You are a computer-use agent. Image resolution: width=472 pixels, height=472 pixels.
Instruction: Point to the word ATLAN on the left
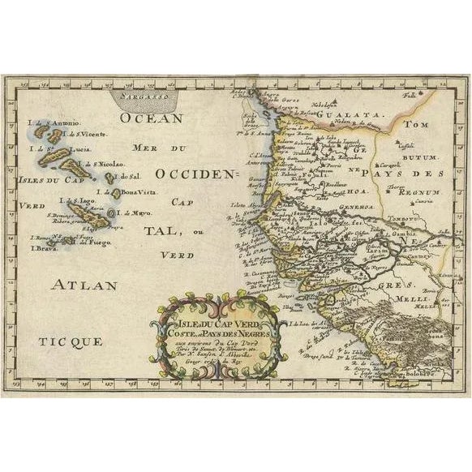[x=84, y=285]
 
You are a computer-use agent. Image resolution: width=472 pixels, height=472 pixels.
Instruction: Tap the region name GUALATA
[x=349, y=116]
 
